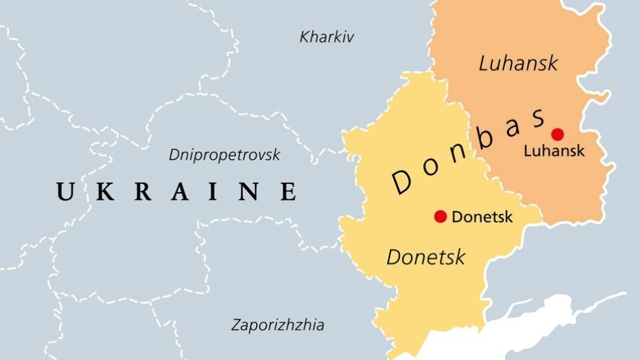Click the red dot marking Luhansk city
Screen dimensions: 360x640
[x=558, y=135]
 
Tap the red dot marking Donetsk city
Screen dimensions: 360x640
[x=441, y=216]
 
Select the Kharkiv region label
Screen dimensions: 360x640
[x=327, y=37]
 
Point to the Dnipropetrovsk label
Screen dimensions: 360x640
[x=224, y=155]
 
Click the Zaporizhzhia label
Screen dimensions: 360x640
[x=277, y=325]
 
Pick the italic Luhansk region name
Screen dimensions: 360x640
[x=518, y=63]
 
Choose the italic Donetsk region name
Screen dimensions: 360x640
[x=426, y=256]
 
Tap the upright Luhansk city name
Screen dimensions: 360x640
[x=554, y=151]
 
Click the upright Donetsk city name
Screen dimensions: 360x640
[x=482, y=216]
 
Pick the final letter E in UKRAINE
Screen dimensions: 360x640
[x=288, y=192]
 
